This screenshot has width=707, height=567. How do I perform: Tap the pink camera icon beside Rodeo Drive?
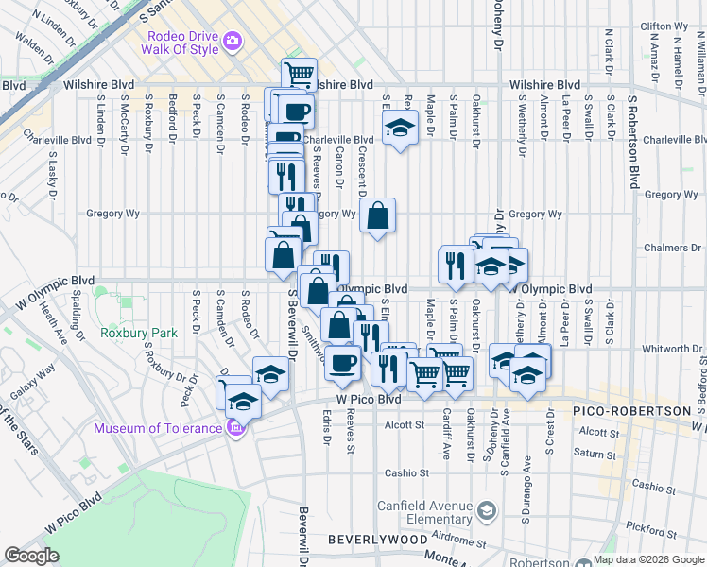tap(233, 42)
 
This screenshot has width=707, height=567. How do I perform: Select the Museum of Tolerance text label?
tap(159, 429)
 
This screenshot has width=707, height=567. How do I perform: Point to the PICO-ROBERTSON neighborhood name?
tap(625, 412)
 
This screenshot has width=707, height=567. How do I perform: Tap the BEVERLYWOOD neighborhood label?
tap(372, 539)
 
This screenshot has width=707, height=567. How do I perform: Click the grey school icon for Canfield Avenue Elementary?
tap(486, 511)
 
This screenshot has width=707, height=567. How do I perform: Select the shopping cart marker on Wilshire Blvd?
tap(299, 73)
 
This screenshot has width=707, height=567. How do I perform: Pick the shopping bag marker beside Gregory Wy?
tap(377, 216)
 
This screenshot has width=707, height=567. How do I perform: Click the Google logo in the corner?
tap(31, 556)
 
